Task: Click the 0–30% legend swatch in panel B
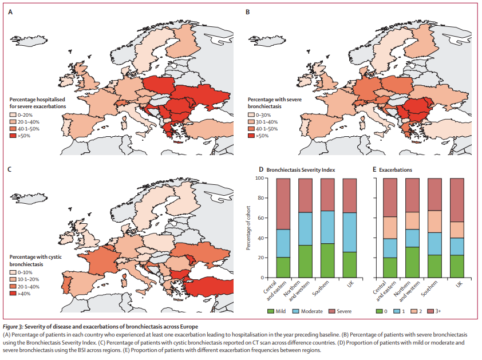click(251, 115)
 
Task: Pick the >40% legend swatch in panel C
click(13, 293)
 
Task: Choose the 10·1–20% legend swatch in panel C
click(13, 278)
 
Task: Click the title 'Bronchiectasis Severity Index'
click(298, 170)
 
